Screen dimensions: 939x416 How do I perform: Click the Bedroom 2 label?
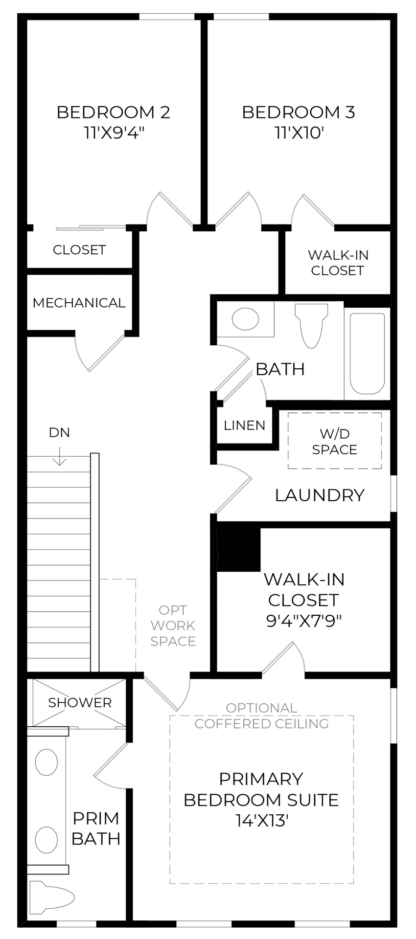pos(113,112)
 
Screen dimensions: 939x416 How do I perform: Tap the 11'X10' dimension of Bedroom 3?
pos(300,133)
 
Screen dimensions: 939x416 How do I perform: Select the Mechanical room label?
pos(79,303)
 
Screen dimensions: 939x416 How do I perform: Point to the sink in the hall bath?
pos(245,319)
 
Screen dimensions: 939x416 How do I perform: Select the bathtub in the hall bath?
pos(367,353)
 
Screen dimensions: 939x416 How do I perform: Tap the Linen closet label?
pos(244,425)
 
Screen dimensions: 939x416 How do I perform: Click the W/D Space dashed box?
pos(334,441)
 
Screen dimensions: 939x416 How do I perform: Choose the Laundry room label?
pos(320,495)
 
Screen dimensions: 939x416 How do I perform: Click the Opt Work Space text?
pos(173,626)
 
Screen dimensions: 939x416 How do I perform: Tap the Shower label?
pos(80,703)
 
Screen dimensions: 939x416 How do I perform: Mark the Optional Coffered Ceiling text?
pos(261,715)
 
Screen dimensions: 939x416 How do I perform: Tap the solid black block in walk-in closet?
pos(238,546)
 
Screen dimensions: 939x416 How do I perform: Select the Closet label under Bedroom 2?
pos(79,250)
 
